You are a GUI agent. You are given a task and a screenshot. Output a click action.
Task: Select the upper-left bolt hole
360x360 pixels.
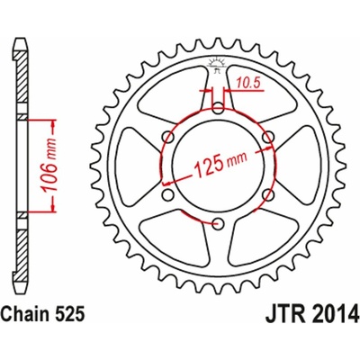click(167, 138)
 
